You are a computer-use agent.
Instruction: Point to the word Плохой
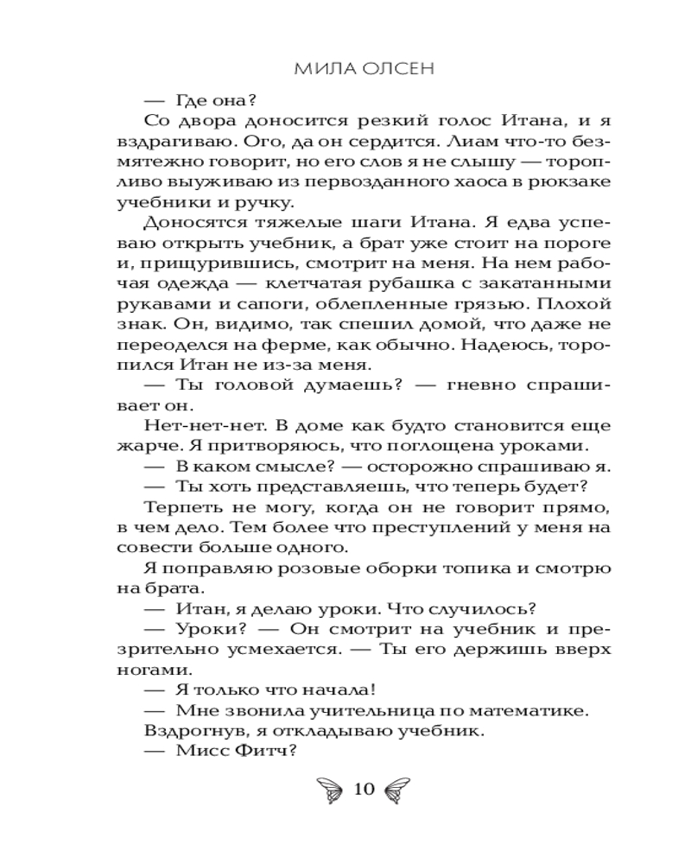click(580, 305)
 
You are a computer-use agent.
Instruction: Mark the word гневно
click(403, 386)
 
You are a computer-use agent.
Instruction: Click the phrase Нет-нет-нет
click(186, 427)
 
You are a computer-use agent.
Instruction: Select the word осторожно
click(382, 467)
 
